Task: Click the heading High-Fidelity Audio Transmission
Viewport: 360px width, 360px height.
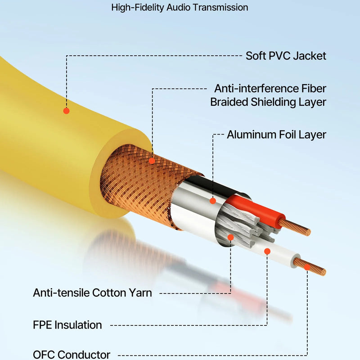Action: [180, 8]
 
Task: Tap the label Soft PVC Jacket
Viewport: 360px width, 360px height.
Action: [286, 56]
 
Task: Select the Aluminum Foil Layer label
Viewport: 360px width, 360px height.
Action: [276, 135]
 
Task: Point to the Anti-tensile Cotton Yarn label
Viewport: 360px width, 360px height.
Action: [92, 293]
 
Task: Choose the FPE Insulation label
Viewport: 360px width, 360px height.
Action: [67, 325]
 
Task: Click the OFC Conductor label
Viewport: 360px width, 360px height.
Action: [72, 355]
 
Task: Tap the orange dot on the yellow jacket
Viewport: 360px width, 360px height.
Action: [66, 111]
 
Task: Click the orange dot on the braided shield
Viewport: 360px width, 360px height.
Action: [152, 160]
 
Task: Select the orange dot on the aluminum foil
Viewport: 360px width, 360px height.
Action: [213, 201]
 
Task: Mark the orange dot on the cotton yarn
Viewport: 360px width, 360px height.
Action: [230, 237]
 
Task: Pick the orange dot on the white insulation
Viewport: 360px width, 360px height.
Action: [267, 251]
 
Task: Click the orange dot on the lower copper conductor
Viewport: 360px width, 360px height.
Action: [307, 267]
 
